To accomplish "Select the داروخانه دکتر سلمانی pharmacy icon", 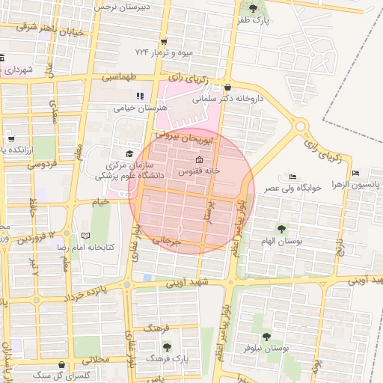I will click(227, 87).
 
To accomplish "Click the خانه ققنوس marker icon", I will click(198, 160).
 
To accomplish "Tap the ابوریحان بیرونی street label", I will click(191, 138).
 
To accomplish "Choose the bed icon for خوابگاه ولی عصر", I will click(292, 177).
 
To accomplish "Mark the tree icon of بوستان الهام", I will click(281, 229).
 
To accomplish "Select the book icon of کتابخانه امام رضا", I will click(85, 236).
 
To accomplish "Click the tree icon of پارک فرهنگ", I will click(166, 347).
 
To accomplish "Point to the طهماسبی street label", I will click(119, 77).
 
